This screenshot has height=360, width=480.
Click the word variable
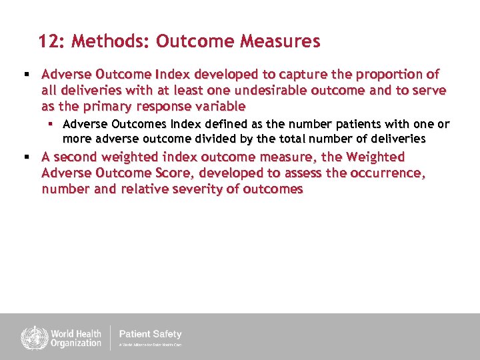[220, 106]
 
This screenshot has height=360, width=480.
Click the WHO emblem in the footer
[31, 337]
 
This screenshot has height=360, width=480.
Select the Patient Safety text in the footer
[150, 334]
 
